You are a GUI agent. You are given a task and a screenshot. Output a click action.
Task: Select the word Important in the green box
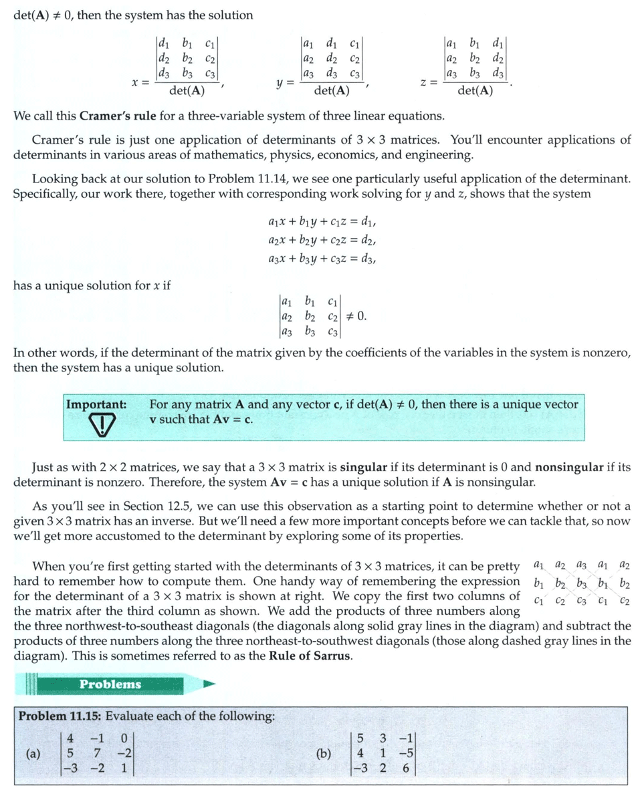click(96, 404)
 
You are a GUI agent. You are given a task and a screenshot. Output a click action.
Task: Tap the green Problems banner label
click(110, 684)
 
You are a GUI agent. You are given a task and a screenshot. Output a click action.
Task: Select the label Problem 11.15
click(59, 716)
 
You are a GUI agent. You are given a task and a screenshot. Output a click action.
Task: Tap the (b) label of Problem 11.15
click(324, 754)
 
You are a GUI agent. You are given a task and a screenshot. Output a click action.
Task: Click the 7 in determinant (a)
click(98, 754)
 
